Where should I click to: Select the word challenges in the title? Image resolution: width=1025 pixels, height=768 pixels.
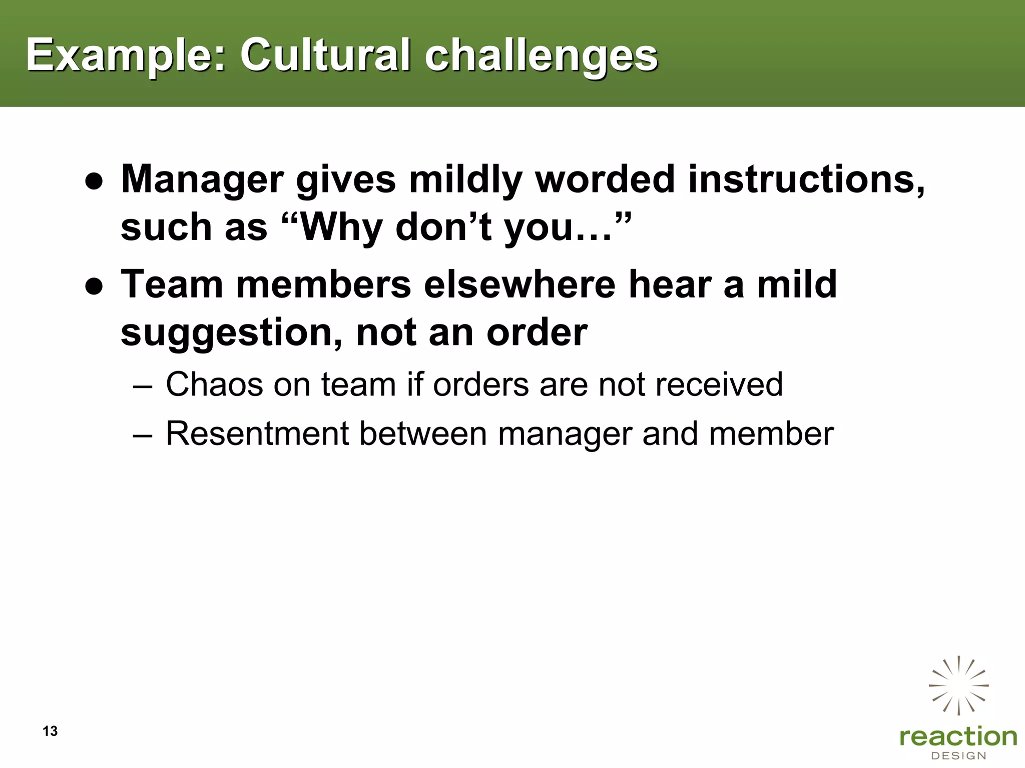[x=541, y=56]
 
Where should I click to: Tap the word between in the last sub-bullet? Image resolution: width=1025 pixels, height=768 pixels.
[x=423, y=433]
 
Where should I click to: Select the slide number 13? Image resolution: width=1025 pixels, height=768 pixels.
[x=50, y=731]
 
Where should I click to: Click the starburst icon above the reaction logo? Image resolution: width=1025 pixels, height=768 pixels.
[x=958, y=685]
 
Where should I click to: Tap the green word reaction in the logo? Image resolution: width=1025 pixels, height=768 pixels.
[x=958, y=737]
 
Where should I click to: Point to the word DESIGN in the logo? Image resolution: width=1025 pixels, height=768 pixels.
[x=958, y=755]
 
